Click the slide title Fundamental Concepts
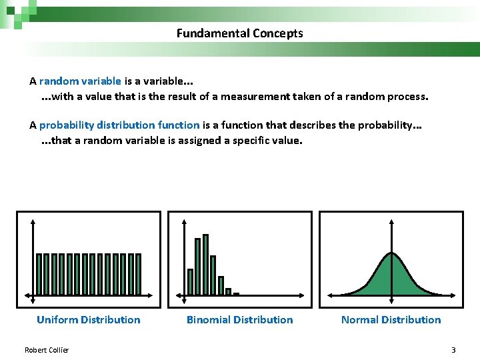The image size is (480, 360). click(x=239, y=33)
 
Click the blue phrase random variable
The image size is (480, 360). click(x=80, y=81)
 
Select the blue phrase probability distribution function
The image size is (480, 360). click(x=119, y=125)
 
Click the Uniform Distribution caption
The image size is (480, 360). click(x=89, y=320)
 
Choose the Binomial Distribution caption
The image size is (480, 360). click(x=239, y=320)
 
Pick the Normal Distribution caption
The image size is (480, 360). click(x=391, y=320)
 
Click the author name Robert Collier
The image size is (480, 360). click(x=47, y=350)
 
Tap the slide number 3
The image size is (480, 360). click(x=453, y=350)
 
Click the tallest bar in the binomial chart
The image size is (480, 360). click(x=205, y=264)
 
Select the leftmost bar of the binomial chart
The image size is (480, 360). click(x=190, y=281)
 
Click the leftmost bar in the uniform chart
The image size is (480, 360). click(x=39, y=273)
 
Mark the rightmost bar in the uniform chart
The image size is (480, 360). click(x=139, y=273)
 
